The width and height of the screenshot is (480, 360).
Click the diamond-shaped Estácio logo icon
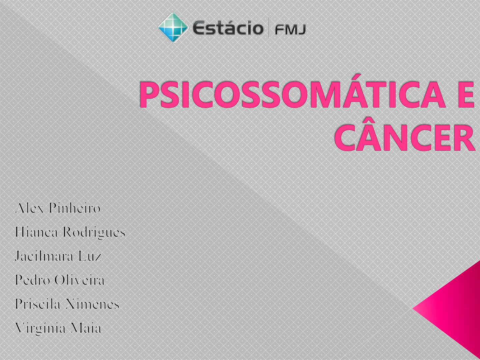[x=173, y=28]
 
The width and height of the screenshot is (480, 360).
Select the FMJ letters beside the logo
[x=290, y=30]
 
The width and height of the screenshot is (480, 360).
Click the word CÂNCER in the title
[x=405, y=137]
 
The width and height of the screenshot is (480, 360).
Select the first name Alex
[x=29, y=208]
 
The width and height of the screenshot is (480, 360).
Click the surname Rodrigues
[x=94, y=233]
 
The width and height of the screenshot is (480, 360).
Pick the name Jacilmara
[x=44, y=256]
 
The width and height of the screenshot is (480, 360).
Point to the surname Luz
[x=90, y=256]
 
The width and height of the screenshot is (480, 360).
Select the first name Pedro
[x=32, y=280]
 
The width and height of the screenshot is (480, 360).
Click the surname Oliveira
[x=79, y=280]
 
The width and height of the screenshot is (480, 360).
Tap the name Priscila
[x=38, y=304]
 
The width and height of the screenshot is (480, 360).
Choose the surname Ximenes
[x=93, y=304]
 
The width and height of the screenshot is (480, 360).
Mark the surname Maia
[x=86, y=328]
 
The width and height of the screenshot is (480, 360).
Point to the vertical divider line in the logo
[x=269, y=28]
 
